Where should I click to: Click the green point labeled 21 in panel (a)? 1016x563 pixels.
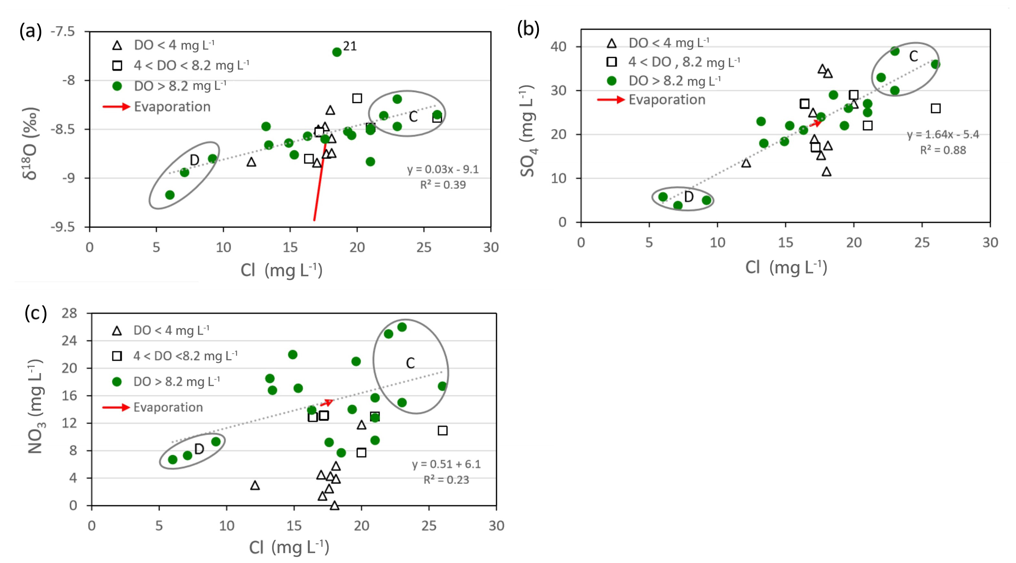(x=336, y=52)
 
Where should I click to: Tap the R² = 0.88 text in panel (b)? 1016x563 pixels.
(x=943, y=150)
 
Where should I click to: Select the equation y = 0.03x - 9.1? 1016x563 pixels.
(x=443, y=170)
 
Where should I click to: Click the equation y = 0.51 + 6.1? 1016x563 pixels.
(x=446, y=464)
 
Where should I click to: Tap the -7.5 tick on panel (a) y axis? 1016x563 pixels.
(x=63, y=32)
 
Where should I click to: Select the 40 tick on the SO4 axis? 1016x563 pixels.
(x=558, y=47)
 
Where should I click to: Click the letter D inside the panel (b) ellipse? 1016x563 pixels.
(x=689, y=197)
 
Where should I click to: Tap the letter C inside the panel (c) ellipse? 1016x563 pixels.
(x=410, y=363)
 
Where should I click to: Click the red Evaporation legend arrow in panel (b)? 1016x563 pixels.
(x=611, y=100)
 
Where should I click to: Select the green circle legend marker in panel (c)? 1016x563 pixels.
(x=117, y=382)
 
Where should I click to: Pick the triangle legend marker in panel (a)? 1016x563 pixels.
(x=117, y=45)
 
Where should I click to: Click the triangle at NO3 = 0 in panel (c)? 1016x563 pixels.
(x=334, y=505)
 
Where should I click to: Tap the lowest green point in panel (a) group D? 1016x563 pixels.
(x=170, y=195)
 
